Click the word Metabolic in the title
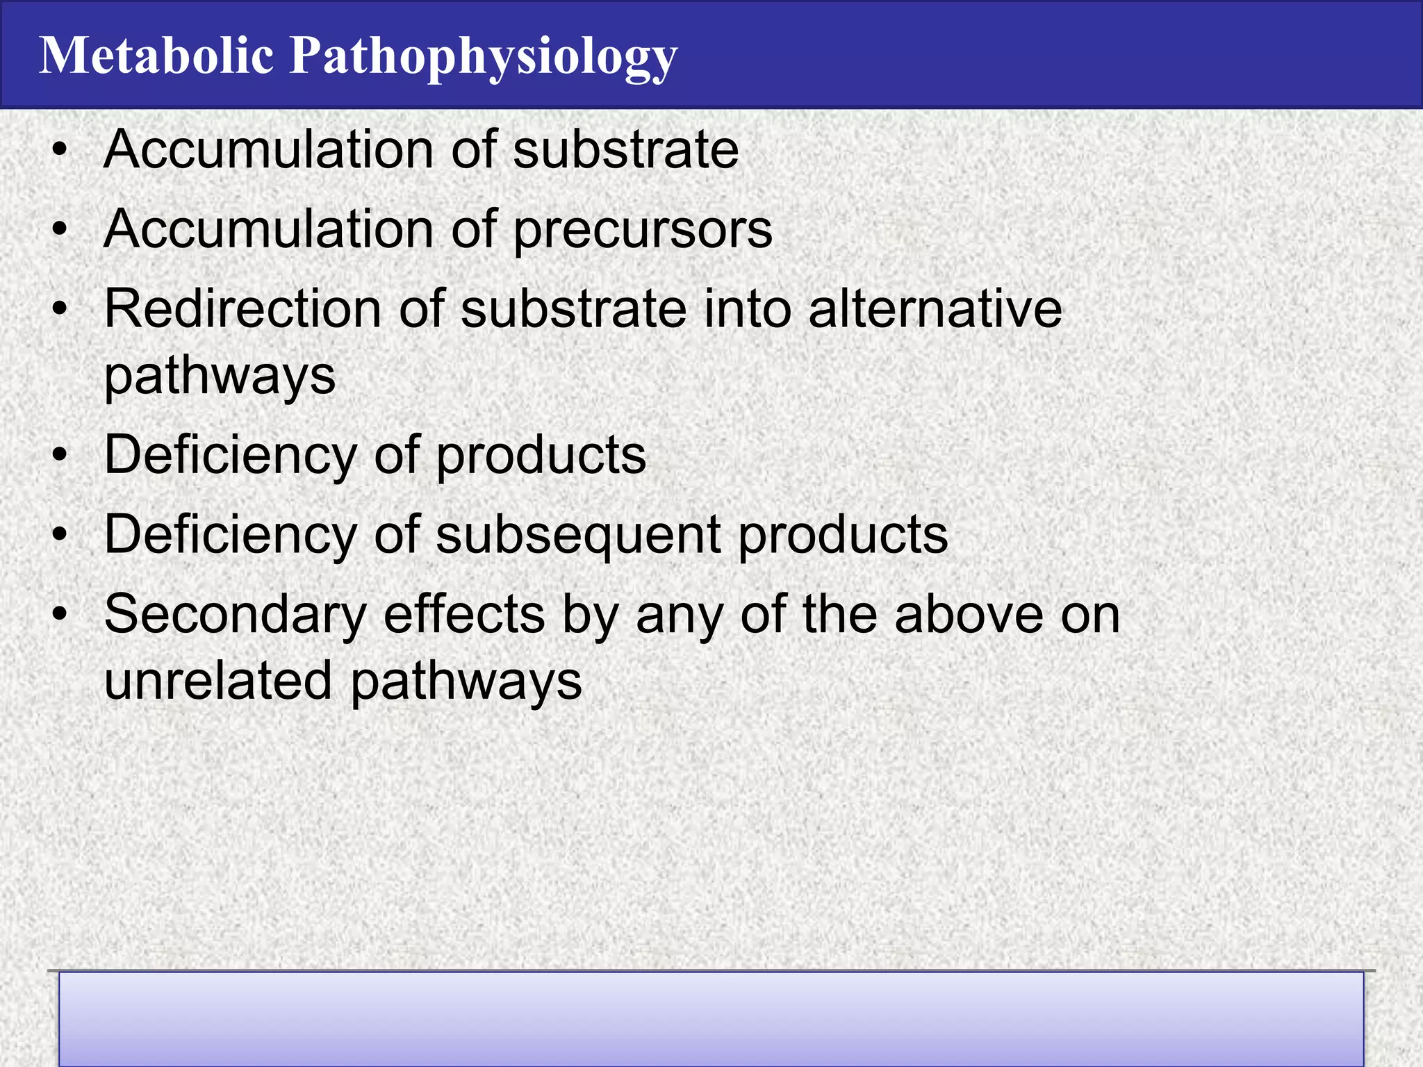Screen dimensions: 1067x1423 pos(156,56)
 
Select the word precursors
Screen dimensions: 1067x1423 pos(643,231)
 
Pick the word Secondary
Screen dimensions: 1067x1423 pos(235,615)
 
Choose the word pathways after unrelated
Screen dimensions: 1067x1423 pos(466,683)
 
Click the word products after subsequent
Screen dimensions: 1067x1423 pos(842,536)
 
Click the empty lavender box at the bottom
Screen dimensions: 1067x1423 pos(711,1018)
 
